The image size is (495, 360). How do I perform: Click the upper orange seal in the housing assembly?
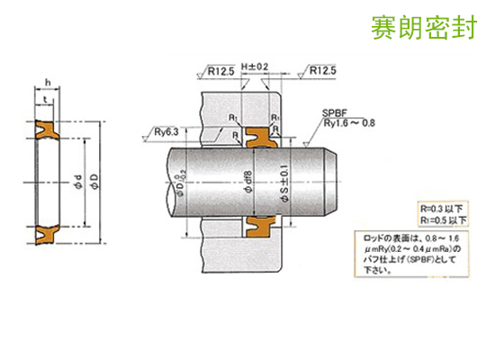tap(259, 138)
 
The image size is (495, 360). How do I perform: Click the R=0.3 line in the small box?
tap(441, 207)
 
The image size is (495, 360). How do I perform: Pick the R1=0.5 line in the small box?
tap(441, 219)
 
